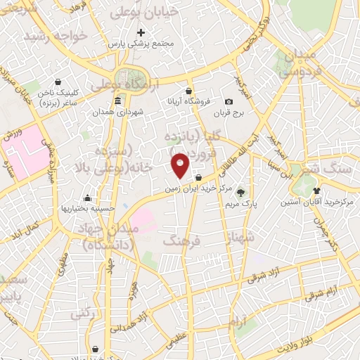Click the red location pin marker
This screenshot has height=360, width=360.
181,165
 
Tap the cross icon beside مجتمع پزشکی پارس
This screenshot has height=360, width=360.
141,32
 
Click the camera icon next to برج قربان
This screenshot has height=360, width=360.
229,101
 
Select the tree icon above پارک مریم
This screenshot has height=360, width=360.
240,191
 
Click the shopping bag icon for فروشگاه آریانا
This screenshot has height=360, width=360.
188,90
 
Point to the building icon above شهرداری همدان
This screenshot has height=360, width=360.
117,101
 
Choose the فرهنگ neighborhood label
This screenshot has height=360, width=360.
181,241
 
